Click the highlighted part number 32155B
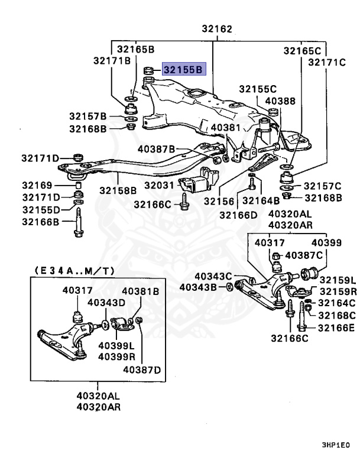(x=183, y=70)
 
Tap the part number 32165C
(x=301, y=51)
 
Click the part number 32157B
(x=87, y=116)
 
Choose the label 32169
(x=37, y=185)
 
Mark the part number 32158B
(x=118, y=190)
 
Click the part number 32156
(x=219, y=201)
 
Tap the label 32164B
(x=260, y=201)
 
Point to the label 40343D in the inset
(x=106, y=303)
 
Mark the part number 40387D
(x=141, y=370)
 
